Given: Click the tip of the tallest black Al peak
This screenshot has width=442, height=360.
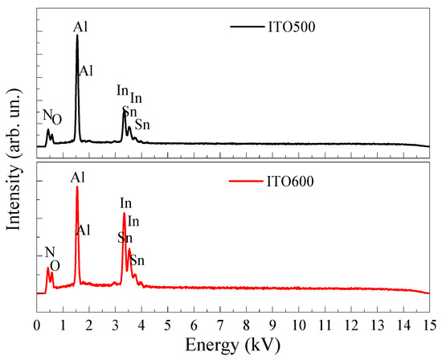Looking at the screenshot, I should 77,35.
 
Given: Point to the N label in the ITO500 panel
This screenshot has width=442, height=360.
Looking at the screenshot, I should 47,116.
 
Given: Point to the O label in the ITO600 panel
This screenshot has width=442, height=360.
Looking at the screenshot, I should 55,266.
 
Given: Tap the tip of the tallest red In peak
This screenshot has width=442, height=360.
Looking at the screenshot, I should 124,213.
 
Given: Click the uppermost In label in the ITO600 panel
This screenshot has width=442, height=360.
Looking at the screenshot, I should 126,203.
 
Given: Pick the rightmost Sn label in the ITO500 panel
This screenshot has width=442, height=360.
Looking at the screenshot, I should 141,125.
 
